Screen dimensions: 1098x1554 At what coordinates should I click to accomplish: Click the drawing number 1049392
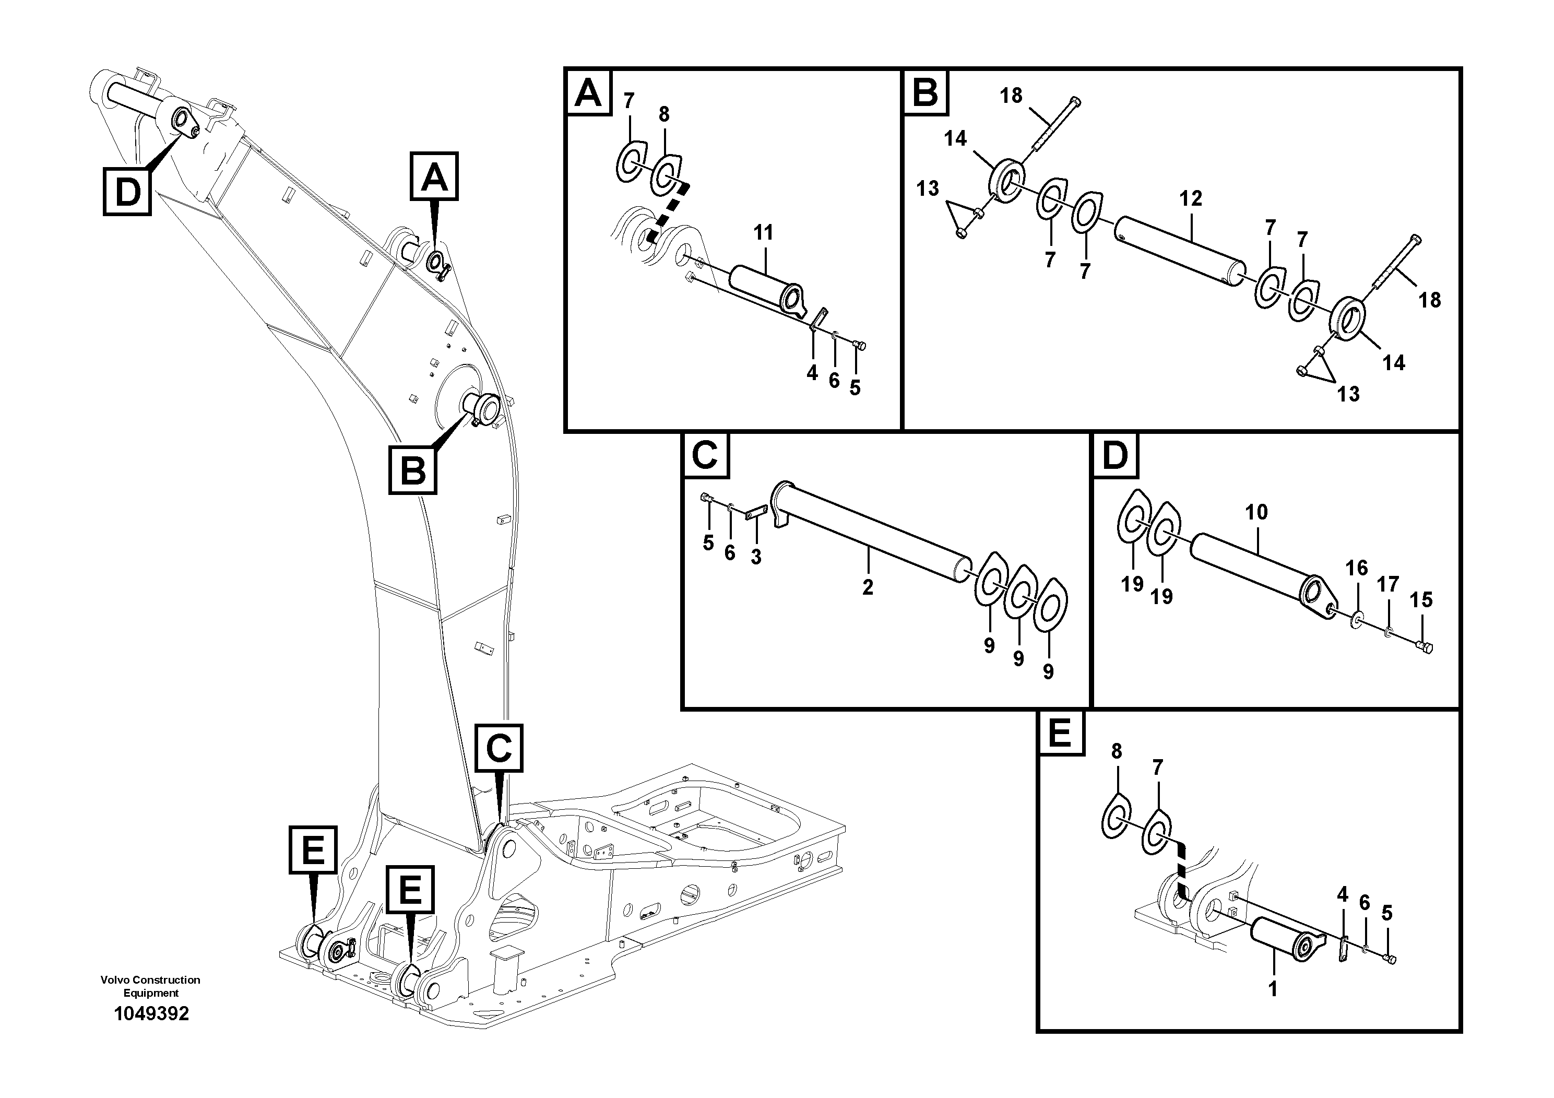pyautogui.click(x=151, y=1013)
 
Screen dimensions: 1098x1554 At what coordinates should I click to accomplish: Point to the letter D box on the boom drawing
pyautogui.click(x=127, y=192)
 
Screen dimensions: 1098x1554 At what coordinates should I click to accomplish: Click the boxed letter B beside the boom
pyautogui.click(x=413, y=470)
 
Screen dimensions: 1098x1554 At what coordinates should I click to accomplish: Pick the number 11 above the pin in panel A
pyautogui.click(x=764, y=233)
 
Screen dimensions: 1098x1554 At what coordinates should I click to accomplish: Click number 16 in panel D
pyautogui.click(x=1356, y=568)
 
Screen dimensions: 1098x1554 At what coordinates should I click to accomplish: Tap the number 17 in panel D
pyautogui.click(x=1387, y=584)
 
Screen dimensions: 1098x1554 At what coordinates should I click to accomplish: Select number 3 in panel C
pyautogui.click(x=756, y=557)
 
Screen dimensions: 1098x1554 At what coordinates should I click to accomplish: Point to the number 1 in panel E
pyautogui.click(x=1273, y=989)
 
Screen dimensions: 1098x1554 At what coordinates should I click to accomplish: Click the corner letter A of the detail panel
pyautogui.click(x=587, y=93)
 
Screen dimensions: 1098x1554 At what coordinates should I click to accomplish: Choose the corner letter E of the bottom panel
pyautogui.click(x=1059, y=734)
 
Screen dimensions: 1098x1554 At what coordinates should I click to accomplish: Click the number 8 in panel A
pyautogui.click(x=664, y=114)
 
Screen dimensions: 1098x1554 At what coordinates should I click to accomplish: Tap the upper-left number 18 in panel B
pyautogui.click(x=1011, y=96)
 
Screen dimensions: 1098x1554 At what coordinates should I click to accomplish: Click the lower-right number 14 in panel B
pyautogui.click(x=1394, y=363)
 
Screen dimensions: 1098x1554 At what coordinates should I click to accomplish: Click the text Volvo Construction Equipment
pyautogui.click(x=150, y=986)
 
